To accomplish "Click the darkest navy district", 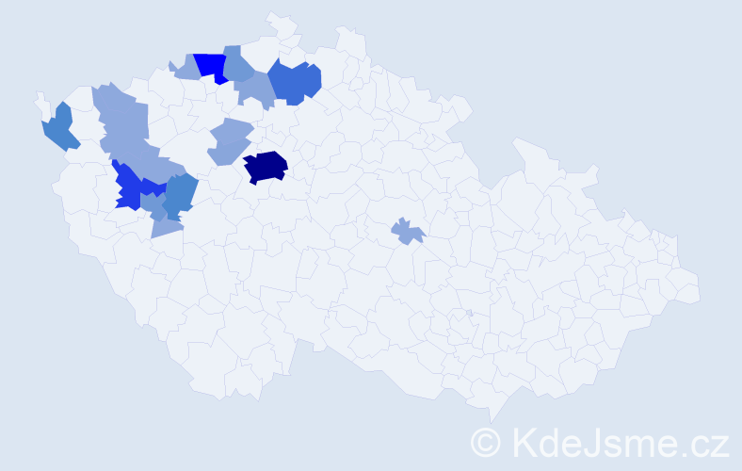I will pos(266,166).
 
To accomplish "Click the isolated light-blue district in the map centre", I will pos(408,230).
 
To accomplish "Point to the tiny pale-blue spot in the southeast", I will pos(469,313).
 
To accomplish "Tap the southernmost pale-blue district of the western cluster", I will pos(166,224).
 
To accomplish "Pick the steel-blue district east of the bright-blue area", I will pos(180,193).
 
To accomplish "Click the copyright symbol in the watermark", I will pos(486,441).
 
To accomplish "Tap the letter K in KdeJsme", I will pos(523,441).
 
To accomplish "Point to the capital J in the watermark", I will pos(601,441).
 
